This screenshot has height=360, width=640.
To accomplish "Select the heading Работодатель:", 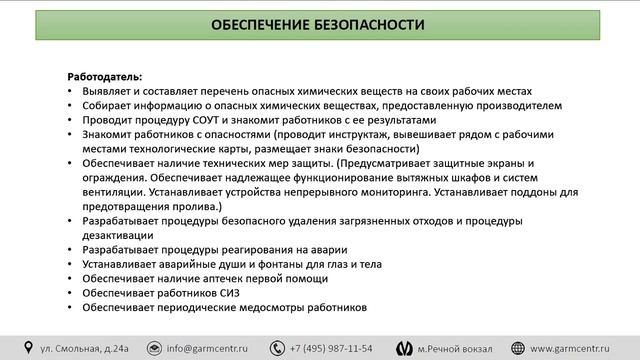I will click(105, 77).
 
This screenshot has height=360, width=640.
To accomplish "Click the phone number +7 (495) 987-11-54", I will click(330, 348).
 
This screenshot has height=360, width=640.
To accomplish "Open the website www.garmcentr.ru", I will click(579, 348).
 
